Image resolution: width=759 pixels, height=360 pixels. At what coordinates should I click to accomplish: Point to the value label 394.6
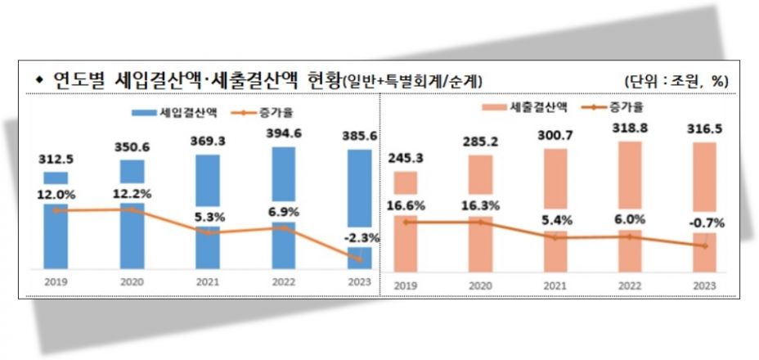click(x=283, y=133)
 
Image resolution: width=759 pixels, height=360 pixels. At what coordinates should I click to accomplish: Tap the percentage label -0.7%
click(x=705, y=223)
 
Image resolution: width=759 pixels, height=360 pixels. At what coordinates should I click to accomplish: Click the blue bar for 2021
click(x=207, y=211)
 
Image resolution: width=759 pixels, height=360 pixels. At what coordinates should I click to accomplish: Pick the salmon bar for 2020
click(x=480, y=211)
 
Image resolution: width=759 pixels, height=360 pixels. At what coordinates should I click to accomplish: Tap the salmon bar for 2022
click(x=629, y=205)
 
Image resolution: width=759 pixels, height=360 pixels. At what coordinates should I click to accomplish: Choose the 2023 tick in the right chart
click(x=704, y=285)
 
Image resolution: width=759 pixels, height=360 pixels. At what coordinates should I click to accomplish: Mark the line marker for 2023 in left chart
click(x=358, y=259)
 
